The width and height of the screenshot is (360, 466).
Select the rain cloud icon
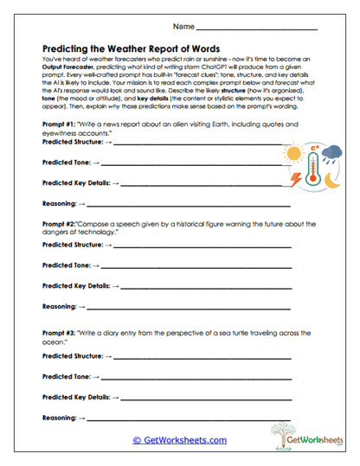pyautogui.click(x=333, y=153)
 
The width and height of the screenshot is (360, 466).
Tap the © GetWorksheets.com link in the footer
pyautogui.click(x=179, y=440)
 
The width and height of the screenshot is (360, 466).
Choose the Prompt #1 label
pyautogui.click(x=61, y=124)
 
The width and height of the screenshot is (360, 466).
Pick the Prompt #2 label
pyautogui.click(x=61, y=224)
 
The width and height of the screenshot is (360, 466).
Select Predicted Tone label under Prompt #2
pyautogui.click(x=66, y=265)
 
